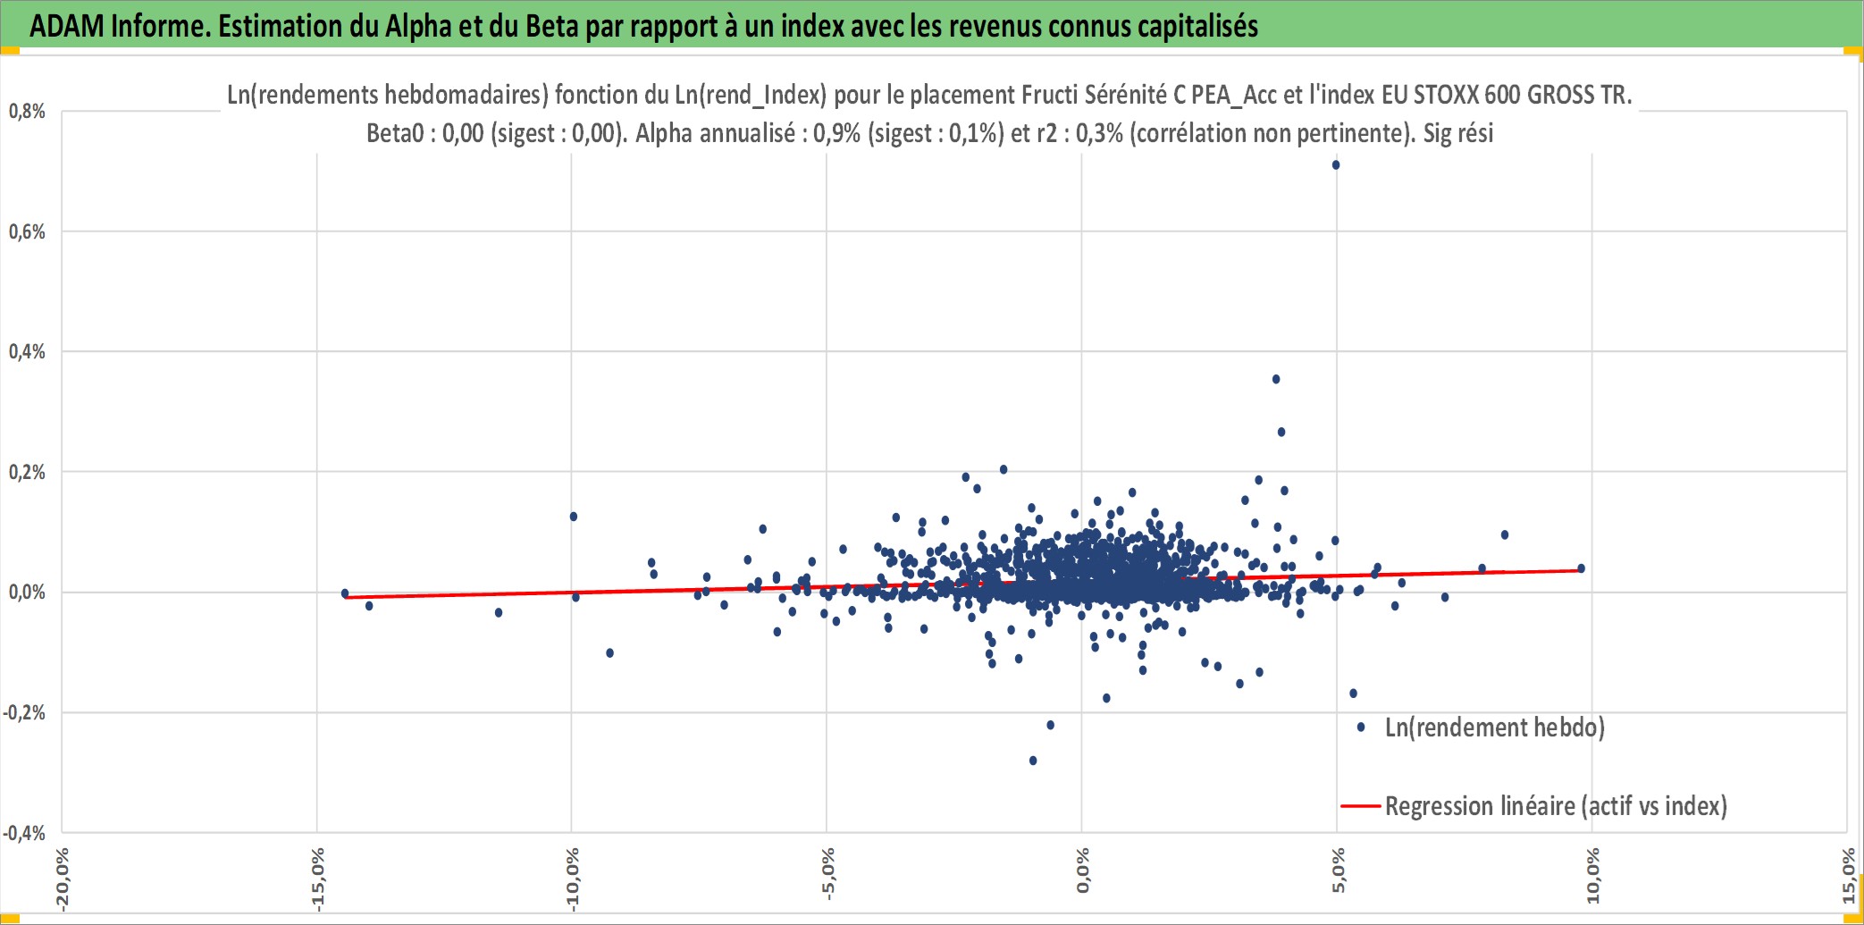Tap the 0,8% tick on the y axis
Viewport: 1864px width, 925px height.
pos(27,112)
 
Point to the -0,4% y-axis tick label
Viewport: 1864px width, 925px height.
pos(24,834)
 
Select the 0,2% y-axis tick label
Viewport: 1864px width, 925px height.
pos(27,473)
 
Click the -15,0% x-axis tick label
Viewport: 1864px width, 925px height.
pos(317,879)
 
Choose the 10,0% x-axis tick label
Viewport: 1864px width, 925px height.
pos(1592,876)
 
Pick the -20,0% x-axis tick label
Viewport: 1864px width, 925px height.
pos(62,879)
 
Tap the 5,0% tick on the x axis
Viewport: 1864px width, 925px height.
pos(1338,870)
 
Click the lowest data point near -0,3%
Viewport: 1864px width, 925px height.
pos(1033,761)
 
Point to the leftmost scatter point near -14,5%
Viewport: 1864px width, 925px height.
pos(345,593)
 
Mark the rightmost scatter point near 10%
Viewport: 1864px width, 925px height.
pos(1582,568)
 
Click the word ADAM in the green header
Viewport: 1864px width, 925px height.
pos(68,26)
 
